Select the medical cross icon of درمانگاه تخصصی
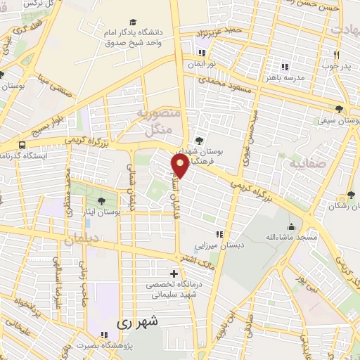coord(174,273)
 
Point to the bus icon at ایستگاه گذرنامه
coord(22,145)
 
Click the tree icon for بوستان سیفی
coord(340,109)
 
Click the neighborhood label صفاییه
coord(303,162)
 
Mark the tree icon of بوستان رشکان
coord(350,195)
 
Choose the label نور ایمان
coord(202,63)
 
